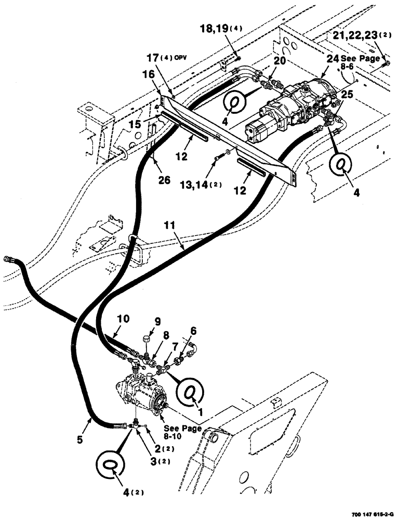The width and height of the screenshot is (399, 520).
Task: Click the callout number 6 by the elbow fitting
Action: pos(193,330)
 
